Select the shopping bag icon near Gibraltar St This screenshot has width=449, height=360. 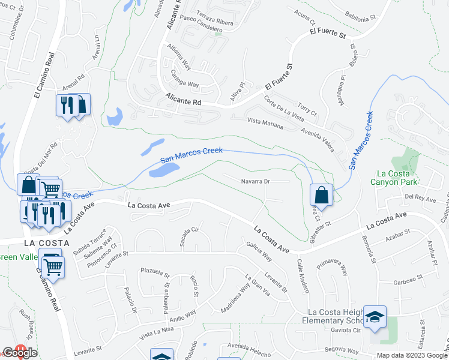tap(321, 195)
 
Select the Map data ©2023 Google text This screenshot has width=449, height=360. tap(411, 355)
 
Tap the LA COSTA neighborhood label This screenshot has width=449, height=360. tap(47, 243)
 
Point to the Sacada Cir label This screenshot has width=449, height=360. tap(189, 238)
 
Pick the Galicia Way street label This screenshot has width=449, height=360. tap(259, 251)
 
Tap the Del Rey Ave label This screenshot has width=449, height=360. tap(419, 197)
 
